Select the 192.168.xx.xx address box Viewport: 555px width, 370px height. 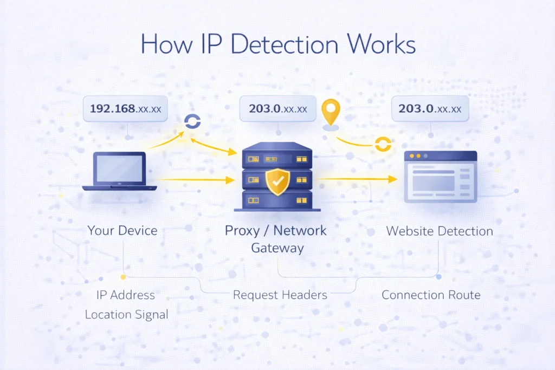tap(125, 109)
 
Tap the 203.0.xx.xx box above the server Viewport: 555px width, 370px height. tap(278, 109)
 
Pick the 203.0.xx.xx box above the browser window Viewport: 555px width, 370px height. tap(430, 109)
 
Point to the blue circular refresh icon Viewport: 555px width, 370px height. tap(192, 122)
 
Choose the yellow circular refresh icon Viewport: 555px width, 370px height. tap(383, 145)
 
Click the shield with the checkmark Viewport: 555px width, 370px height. tap(277, 182)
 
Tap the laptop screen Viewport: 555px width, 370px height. tap(119, 168)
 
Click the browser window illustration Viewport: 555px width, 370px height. tap(440, 176)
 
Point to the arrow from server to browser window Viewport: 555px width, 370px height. tap(358, 178)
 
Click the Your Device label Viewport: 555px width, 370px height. tap(122, 230)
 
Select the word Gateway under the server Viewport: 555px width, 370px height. tap(277, 248)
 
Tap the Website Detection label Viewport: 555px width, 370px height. tap(439, 231)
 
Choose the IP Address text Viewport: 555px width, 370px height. tap(125, 295)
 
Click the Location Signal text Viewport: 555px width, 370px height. tap(126, 314)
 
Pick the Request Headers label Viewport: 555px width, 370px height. tap(280, 295)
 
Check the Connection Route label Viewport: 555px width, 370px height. tap(431, 295)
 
